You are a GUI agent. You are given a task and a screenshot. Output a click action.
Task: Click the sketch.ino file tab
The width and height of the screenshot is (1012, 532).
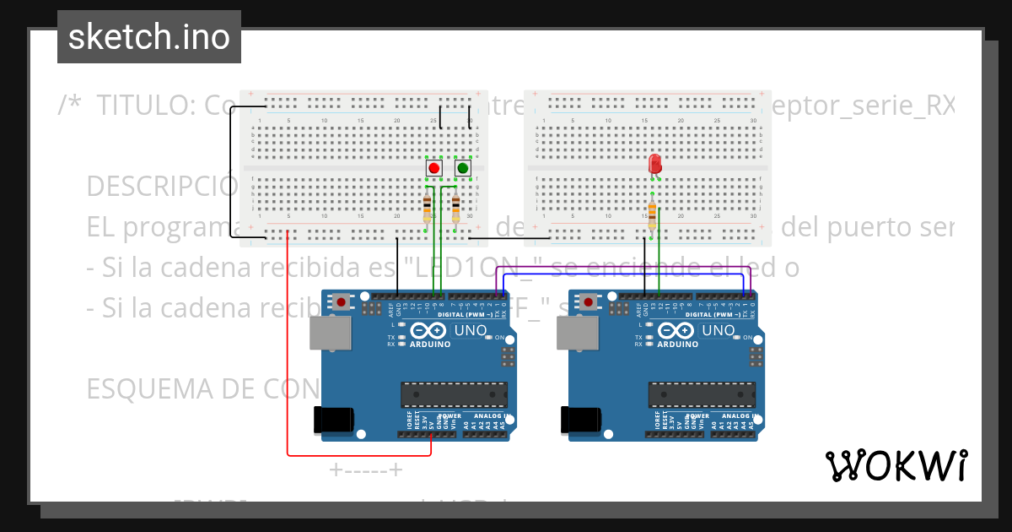tap(149, 37)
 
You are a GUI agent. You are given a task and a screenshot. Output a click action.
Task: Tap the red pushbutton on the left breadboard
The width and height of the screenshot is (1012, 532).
tap(434, 168)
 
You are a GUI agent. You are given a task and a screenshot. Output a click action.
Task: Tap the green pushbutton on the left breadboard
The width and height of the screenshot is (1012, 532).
tap(462, 168)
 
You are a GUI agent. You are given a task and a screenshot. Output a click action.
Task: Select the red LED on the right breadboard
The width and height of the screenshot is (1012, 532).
tap(654, 163)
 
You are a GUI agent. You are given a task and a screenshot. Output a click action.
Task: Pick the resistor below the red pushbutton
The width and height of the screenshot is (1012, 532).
tap(427, 208)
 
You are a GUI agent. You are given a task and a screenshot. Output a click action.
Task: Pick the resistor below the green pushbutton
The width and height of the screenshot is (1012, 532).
tap(455, 208)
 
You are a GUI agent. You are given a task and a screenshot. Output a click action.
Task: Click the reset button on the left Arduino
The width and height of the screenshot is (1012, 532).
tap(341, 301)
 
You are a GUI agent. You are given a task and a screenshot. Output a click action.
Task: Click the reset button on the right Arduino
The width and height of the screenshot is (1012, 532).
tap(589, 301)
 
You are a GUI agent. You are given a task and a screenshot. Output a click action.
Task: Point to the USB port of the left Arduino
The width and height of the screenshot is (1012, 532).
tap(330, 334)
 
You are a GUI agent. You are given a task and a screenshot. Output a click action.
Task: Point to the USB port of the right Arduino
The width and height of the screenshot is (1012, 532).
tap(578, 334)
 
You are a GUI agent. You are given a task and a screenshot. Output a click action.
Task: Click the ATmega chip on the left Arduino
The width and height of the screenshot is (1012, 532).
tap(454, 394)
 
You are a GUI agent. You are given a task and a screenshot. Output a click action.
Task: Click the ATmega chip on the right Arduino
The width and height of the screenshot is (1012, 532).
tap(702, 394)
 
